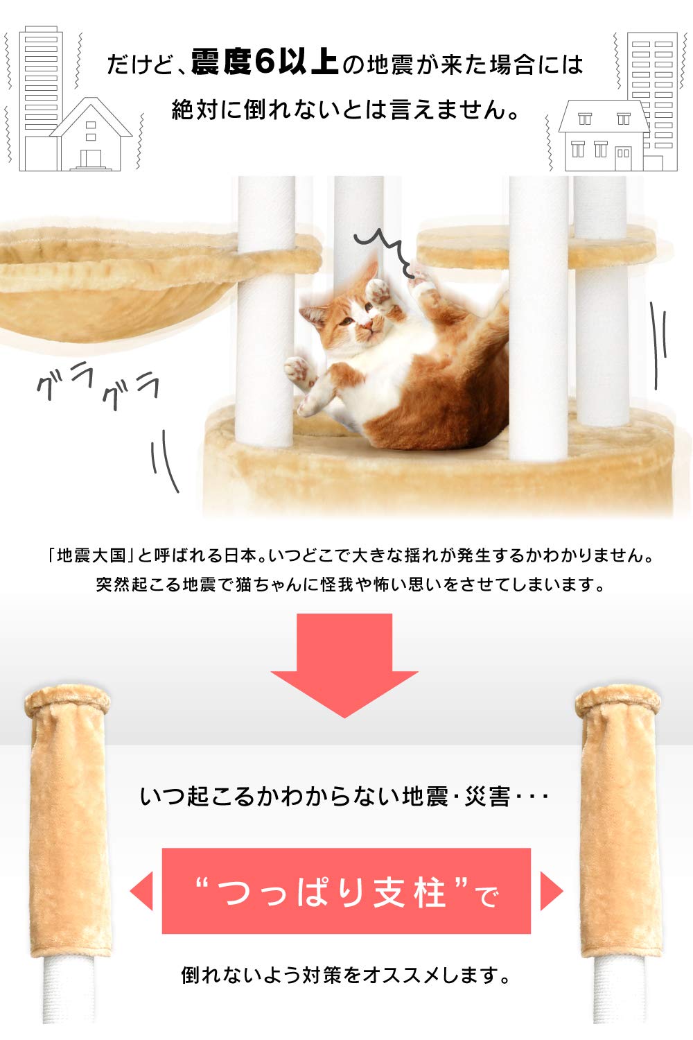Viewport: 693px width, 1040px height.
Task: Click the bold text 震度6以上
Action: pos(264,64)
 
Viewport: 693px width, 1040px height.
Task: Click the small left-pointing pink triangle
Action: pos(142,891)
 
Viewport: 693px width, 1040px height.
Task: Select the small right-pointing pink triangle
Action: pos(551,891)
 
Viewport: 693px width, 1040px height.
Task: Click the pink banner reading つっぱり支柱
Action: pos(346,891)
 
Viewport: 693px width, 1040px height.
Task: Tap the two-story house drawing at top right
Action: pos(602,137)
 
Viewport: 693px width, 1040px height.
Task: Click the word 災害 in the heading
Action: pos(488,796)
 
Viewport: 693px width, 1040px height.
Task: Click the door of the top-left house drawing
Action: pos(90,160)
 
